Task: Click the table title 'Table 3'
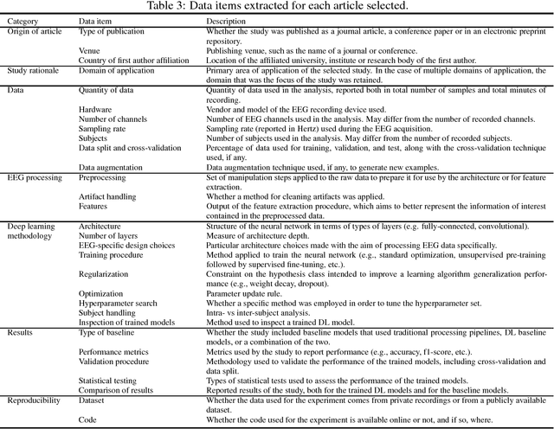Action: tap(277, 6)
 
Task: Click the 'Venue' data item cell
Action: tap(90, 50)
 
